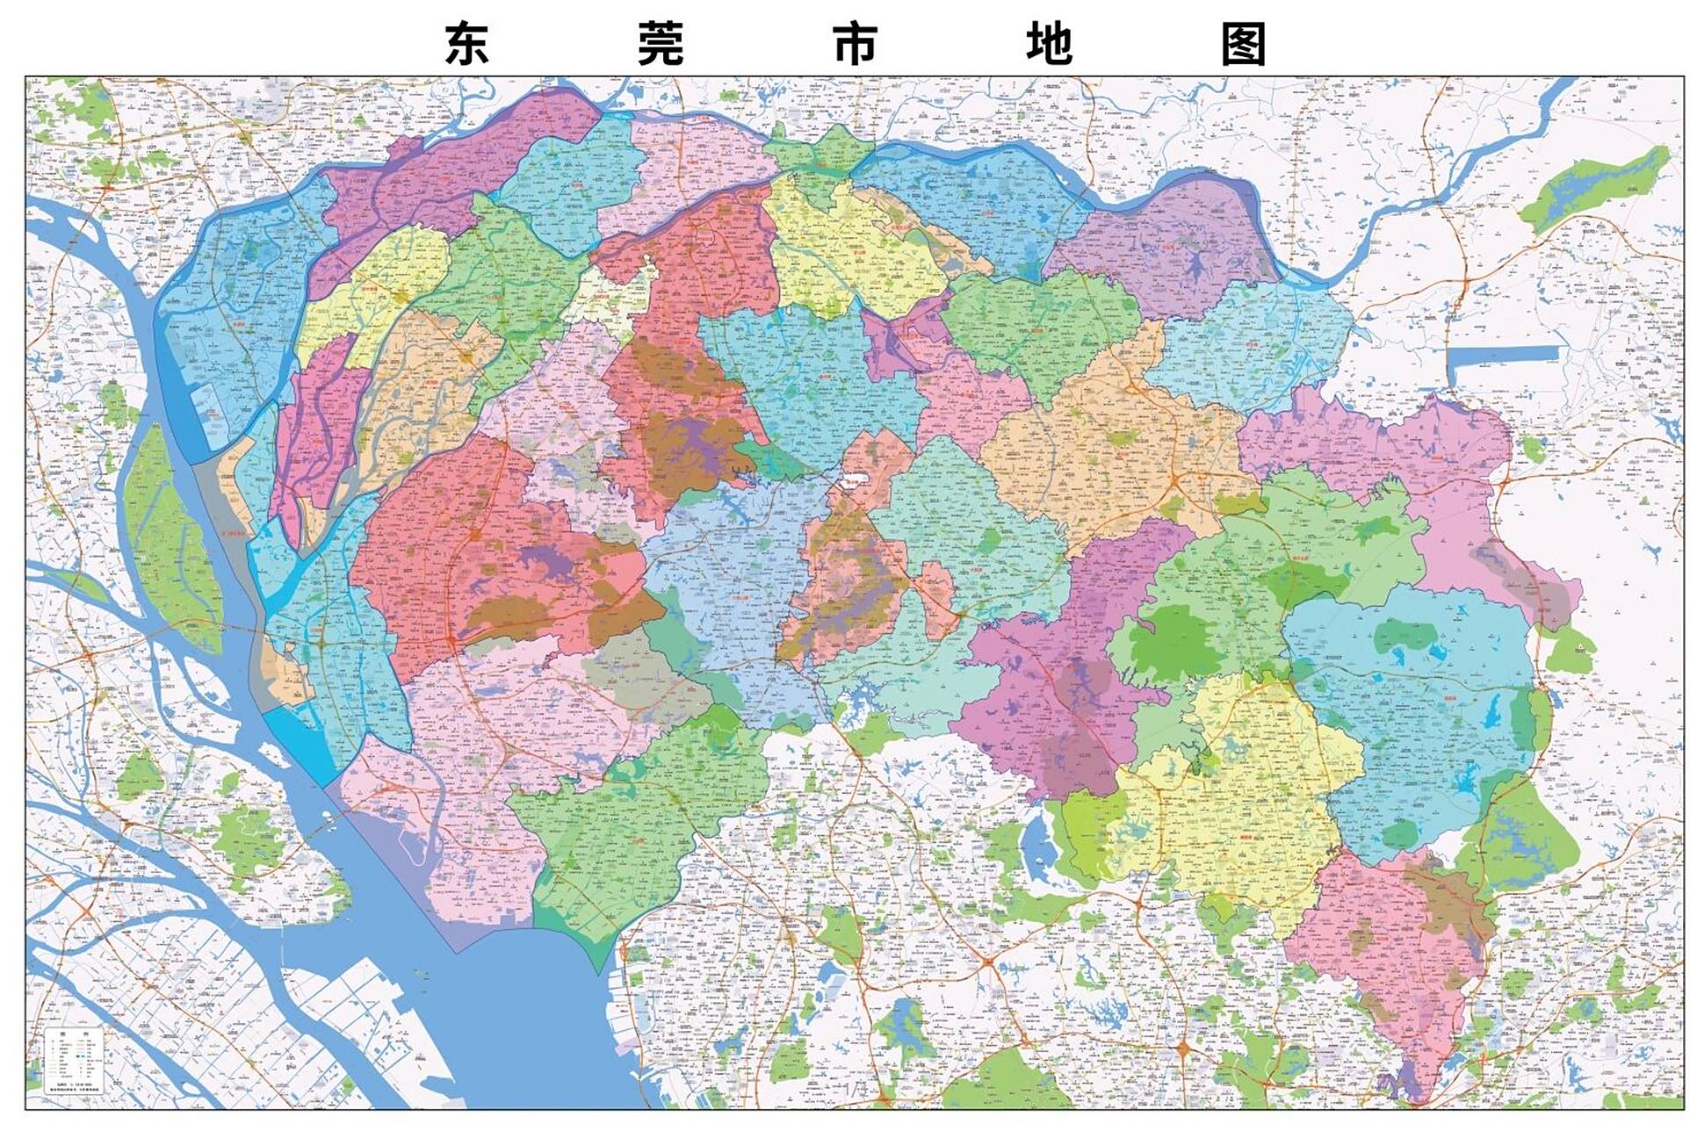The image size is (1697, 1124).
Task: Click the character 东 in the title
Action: tap(466, 44)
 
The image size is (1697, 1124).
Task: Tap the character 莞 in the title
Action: tap(661, 44)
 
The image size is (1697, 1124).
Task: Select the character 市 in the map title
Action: tap(855, 44)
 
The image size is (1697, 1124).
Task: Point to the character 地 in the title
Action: tap(1049, 44)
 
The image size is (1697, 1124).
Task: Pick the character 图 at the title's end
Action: tap(1243, 44)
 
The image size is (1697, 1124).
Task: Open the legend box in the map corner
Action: tap(74, 1060)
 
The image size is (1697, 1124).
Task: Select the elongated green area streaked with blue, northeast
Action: tap(1594, 189)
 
